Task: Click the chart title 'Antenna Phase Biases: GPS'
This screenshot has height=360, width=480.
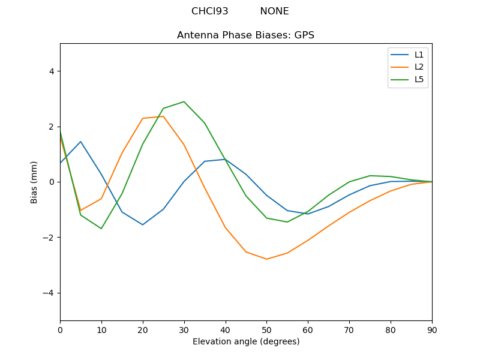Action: point(245,35)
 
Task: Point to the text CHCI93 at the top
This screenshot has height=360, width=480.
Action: point(210,11)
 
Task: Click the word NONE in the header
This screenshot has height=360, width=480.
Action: point(274,11)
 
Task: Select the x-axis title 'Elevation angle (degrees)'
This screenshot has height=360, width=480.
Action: point(246,341)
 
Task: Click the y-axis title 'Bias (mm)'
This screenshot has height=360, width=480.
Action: point(35,182)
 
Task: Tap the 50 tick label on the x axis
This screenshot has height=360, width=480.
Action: point(266,329)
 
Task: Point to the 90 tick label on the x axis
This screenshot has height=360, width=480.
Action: point(432,329)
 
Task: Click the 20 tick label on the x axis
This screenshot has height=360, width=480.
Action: point(143,329)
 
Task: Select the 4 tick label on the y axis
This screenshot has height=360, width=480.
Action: point(51,71)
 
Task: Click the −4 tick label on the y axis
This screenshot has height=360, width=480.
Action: point(49,293)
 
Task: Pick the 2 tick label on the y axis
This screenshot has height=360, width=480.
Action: point(51,127)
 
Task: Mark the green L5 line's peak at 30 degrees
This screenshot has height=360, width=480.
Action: point(184,101)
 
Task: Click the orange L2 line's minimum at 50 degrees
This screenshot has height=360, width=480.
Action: point(266,259)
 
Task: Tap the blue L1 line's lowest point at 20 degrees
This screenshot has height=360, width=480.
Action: point(143,225)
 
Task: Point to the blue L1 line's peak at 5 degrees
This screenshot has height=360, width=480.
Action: point(80,142)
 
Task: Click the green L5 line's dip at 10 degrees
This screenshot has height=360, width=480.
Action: point(101,229)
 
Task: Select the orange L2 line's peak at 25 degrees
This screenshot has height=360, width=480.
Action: point(163,116)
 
